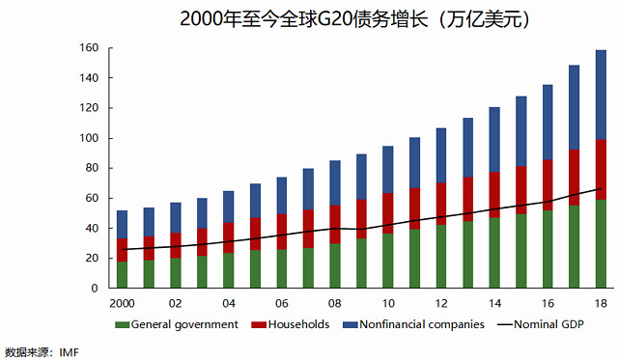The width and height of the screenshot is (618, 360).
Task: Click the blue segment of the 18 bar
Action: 601,95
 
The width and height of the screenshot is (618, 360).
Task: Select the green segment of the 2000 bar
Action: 123,274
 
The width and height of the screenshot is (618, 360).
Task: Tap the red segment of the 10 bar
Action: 388,213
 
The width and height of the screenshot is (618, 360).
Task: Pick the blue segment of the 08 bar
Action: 335,182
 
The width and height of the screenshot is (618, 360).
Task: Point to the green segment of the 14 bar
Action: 494,253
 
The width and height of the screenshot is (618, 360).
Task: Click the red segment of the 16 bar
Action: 548,184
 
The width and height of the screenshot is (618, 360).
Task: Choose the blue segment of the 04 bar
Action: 229,207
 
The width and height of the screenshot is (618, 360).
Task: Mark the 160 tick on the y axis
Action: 111,48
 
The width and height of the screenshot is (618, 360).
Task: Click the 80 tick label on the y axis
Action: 89,168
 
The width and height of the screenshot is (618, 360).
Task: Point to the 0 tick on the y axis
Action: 111,288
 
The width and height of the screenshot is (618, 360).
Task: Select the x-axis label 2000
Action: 123,304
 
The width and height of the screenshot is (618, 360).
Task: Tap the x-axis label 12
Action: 441,304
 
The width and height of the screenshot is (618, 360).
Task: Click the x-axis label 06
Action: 281,304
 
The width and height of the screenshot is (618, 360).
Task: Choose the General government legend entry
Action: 177,324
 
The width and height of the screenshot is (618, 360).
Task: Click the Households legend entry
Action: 290,324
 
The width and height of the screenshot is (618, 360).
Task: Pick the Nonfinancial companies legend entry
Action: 413,324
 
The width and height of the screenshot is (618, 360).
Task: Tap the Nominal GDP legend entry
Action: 541,324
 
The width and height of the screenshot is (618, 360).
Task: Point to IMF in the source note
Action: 69,351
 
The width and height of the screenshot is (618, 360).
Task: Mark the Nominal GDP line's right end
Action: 601,188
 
